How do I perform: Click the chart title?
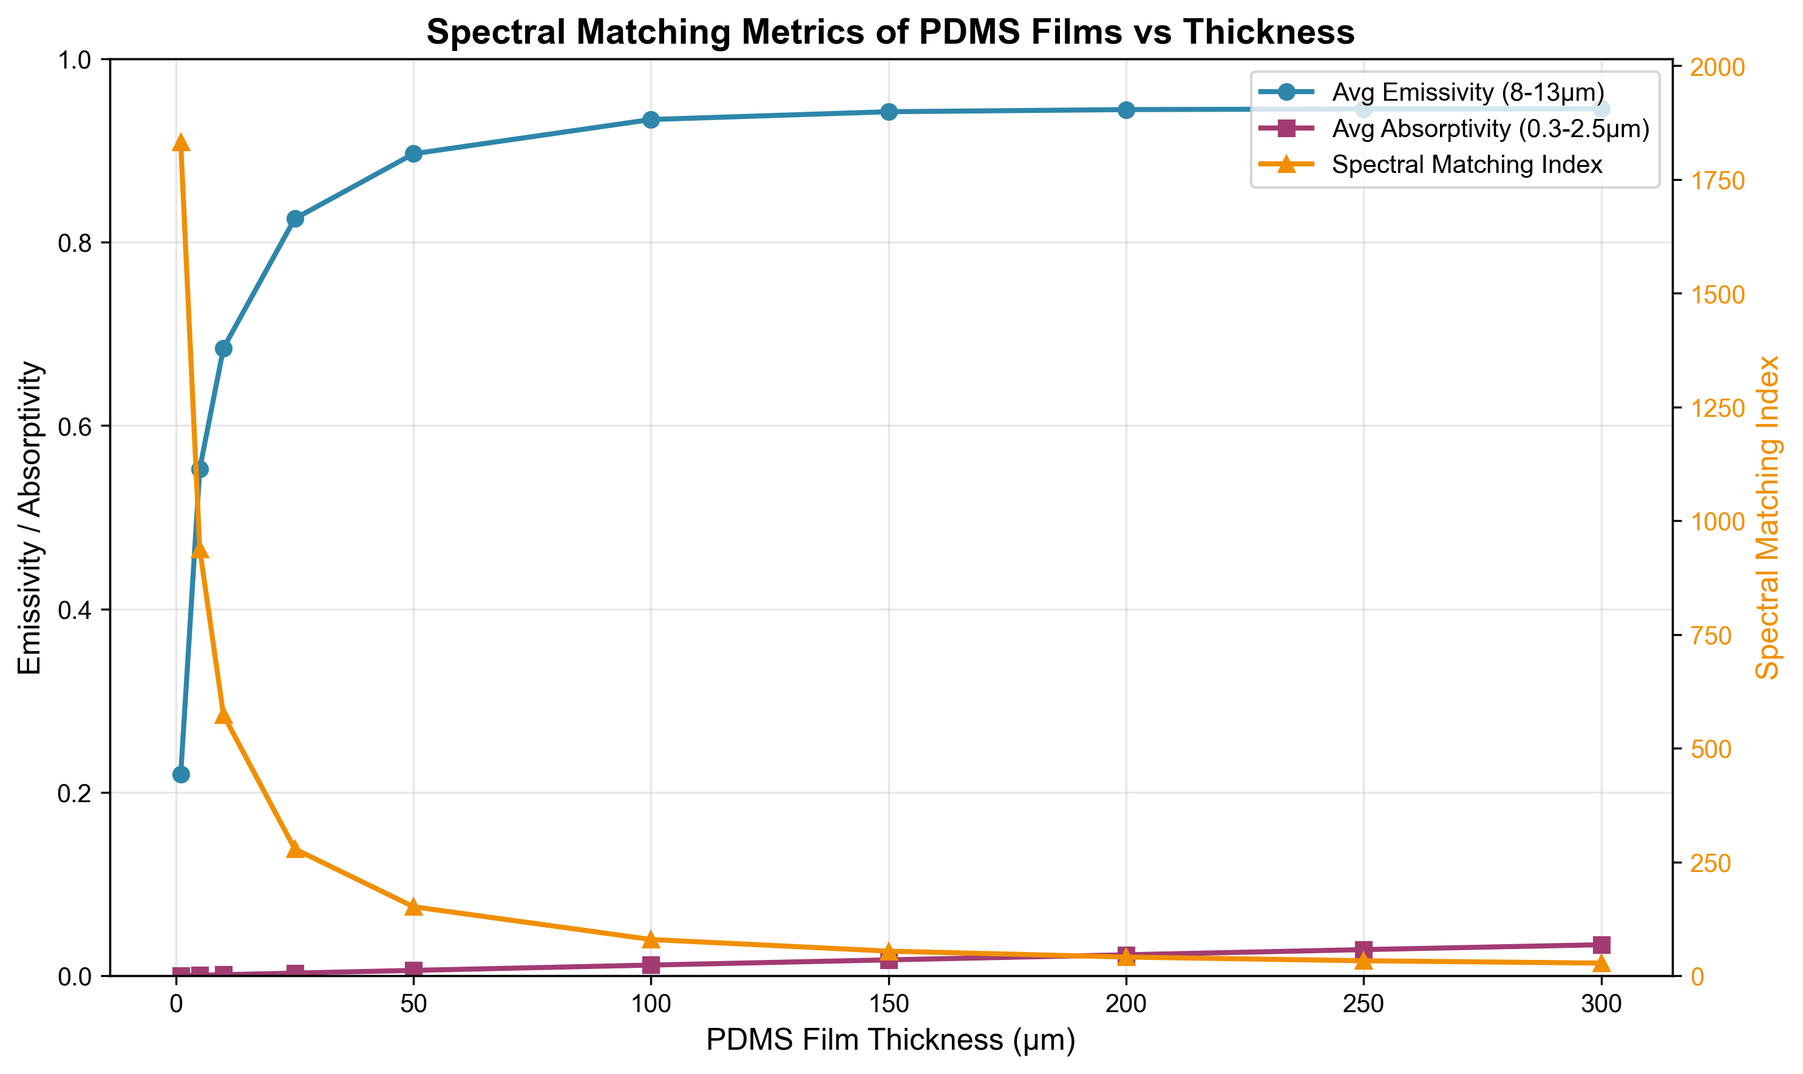tap(890, 33)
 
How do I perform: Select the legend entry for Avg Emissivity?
tap(1468, 93)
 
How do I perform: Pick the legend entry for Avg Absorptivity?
tap(1490, 129)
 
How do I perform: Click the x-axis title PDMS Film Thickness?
tap(890, 1040)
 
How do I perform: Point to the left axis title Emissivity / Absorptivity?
tap(30, 518)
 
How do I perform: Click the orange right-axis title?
tap(1768, 518)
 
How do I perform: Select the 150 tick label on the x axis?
tap(889, 1004)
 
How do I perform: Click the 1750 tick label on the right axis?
tap(1717, 180)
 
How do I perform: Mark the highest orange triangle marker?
tap(181, 143)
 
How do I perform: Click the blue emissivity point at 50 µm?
tap(413, 154)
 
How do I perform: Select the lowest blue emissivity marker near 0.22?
tap(181, 774)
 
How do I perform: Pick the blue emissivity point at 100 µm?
tap(651, 120)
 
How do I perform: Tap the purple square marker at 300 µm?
tap(1601, 945)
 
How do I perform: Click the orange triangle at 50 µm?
tap(413, 907)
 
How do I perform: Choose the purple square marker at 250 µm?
tap(1363, 950)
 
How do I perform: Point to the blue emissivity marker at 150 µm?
tap(889, 112)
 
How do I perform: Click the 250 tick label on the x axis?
tap(1363, 1004)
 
